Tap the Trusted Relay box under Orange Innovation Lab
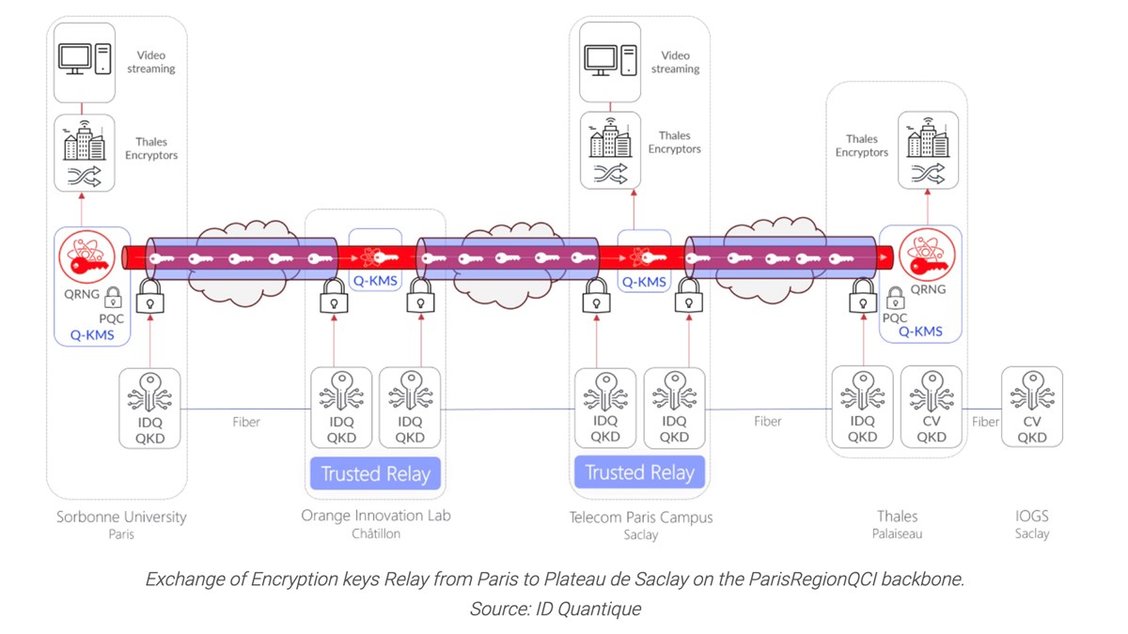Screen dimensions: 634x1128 tap(375, 473)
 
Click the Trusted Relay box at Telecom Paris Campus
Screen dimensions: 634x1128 tap(639, 472)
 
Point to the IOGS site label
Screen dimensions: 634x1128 tap(1031, 517)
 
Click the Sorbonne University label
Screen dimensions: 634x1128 tap(121, 517)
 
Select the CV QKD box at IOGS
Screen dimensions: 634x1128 tap(1032, 406)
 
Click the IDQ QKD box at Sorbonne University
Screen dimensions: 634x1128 tap(150, 407)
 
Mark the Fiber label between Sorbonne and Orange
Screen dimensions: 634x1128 tap(246, 422)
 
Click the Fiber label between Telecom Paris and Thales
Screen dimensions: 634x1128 tap(767, 422)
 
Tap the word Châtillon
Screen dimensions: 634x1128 tap(375, 533)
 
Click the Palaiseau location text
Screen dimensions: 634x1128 tap(896, 533)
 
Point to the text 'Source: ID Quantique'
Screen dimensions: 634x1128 tap(555, 609)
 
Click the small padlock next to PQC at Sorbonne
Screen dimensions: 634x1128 tap(113, 299)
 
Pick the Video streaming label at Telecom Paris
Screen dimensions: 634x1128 tap(675, 63)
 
